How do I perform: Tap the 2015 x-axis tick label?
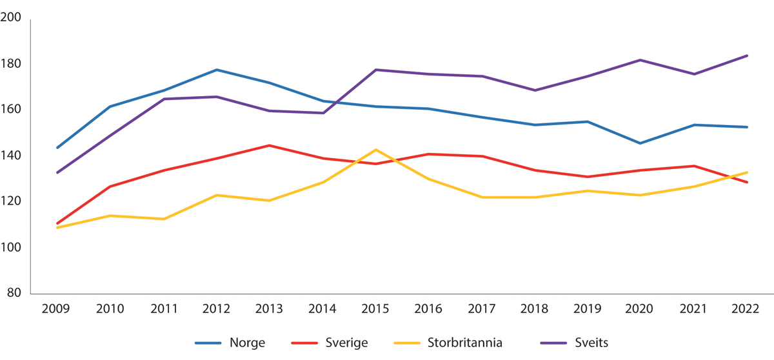click(x=375, y=309)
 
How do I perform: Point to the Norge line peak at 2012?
click(x=216, y=70)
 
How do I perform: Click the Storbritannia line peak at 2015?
click(x=375, y=150)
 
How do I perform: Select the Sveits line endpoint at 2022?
click(x=747, y=55)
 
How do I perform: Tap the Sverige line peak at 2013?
click(x=270, y=145)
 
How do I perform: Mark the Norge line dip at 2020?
click(x=641, y=143)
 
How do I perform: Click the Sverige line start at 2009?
click(x=57, y=223)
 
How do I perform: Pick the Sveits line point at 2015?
click(x=375, y=70)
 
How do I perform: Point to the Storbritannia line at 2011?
click(x=163, y=219)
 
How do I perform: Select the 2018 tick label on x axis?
click(x=535, y=309)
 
